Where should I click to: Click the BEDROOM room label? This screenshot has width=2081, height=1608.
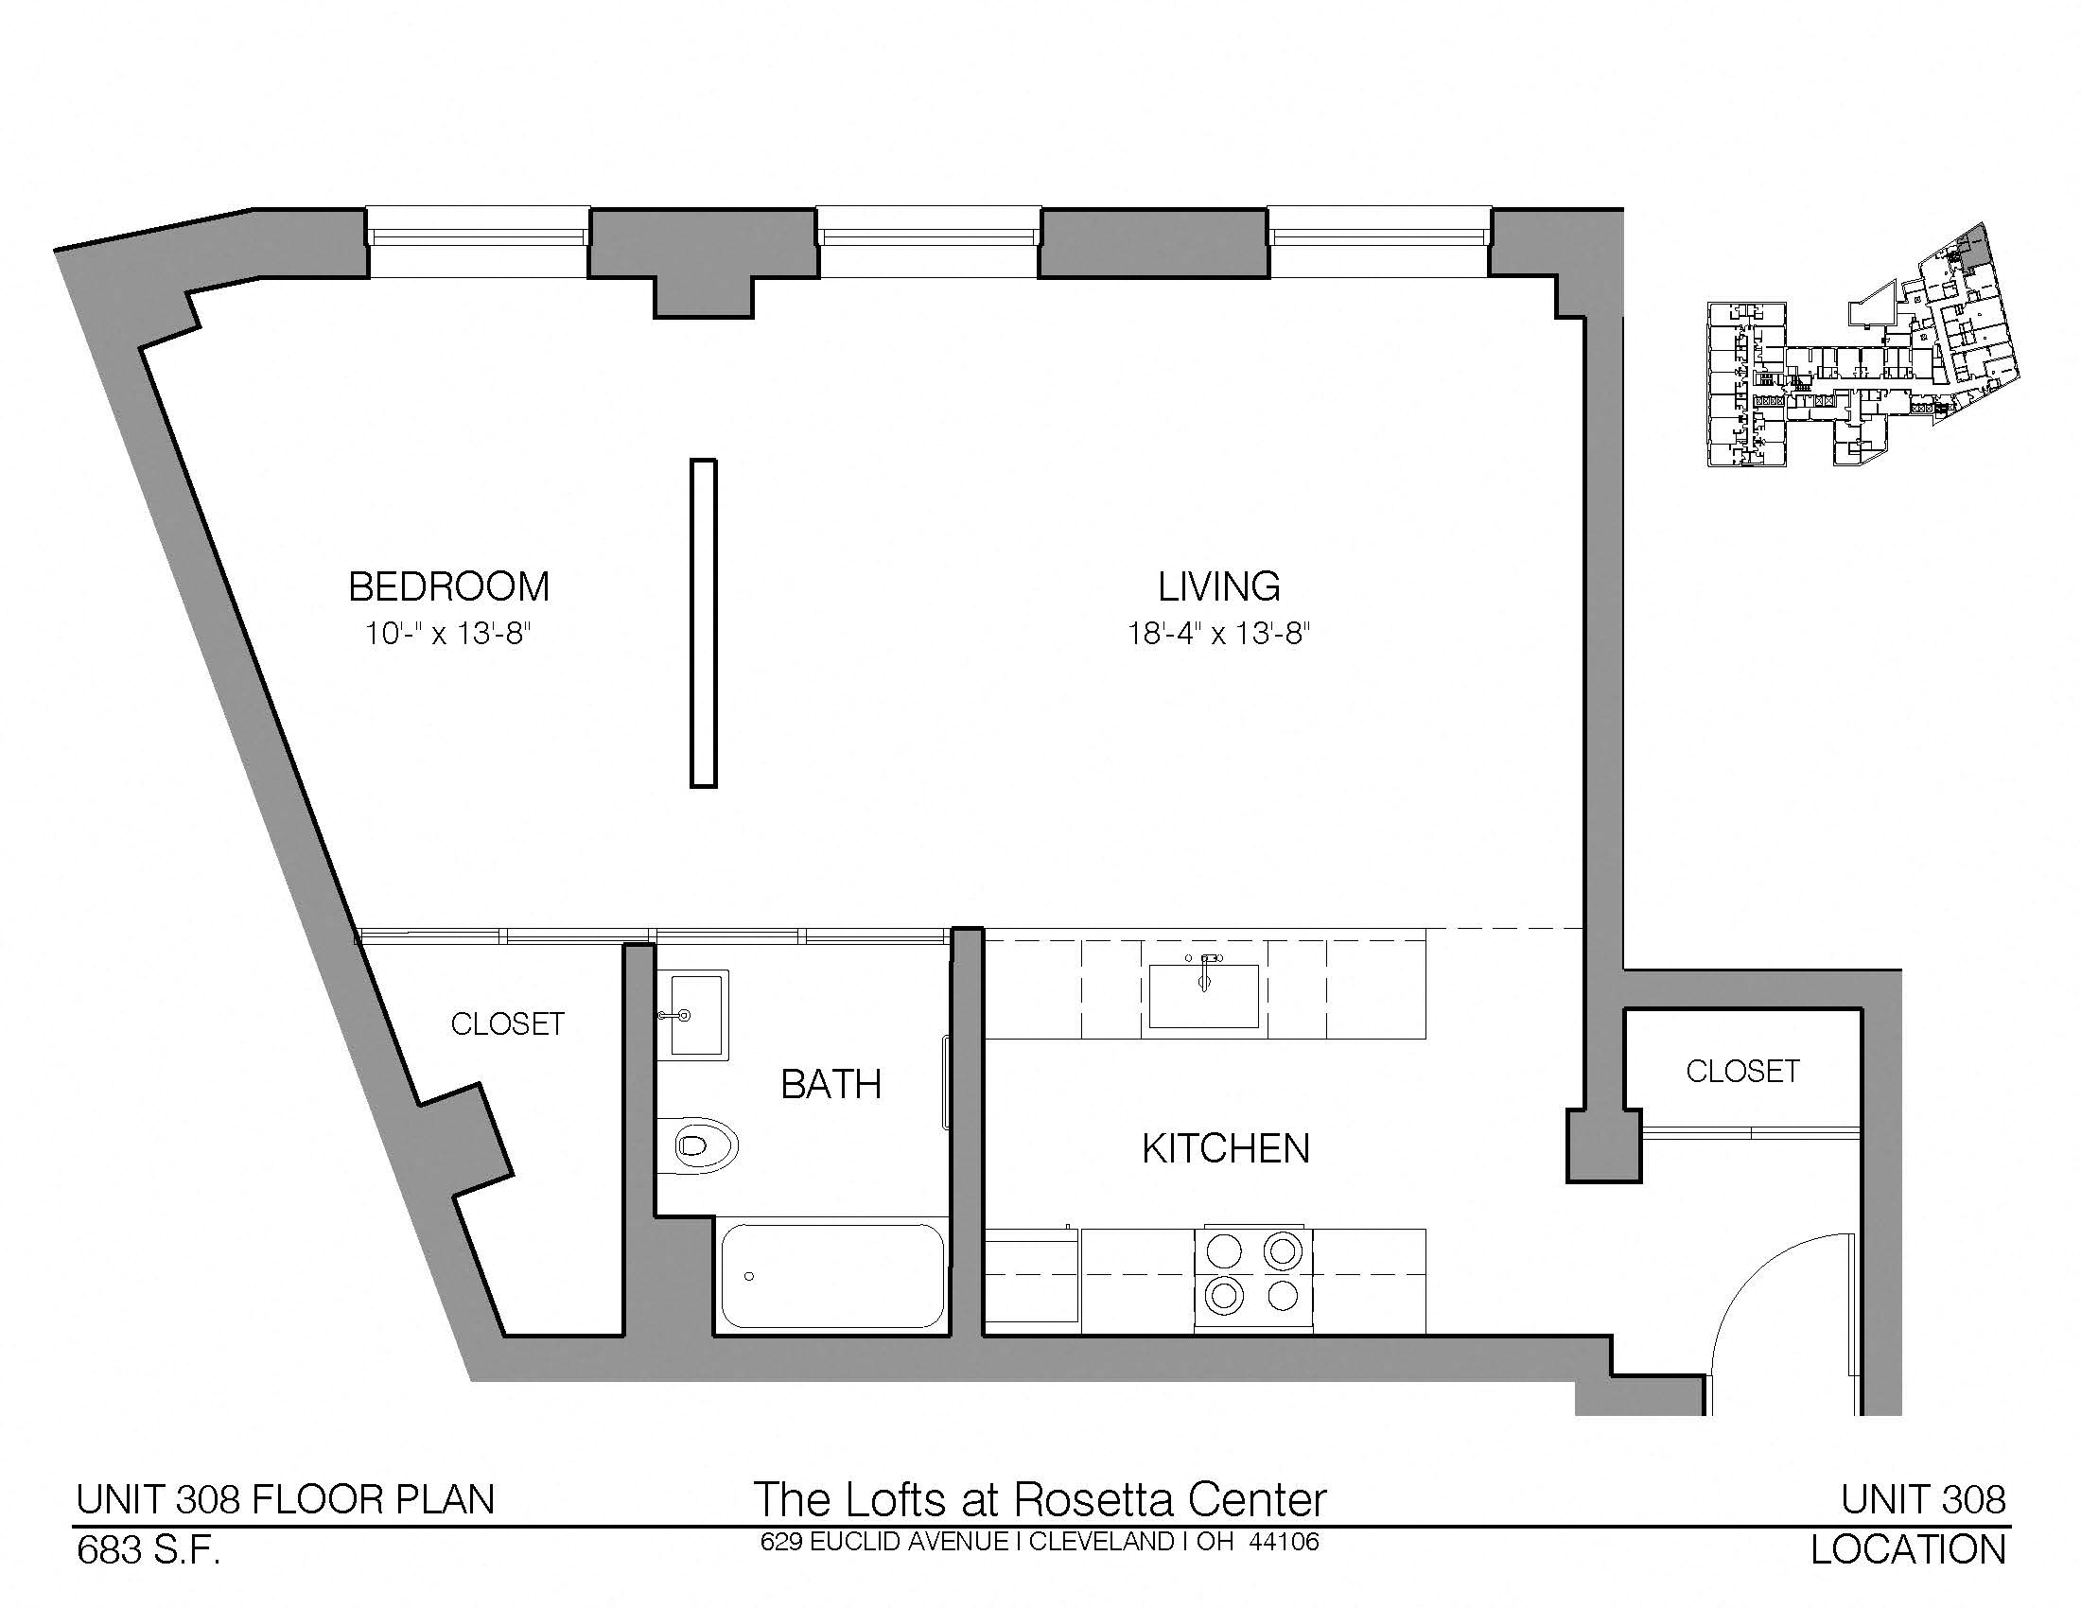click(x=448, y=586)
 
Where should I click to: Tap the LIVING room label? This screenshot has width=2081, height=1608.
click(x=1218, y=586)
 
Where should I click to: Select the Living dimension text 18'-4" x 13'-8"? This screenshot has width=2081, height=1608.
click(x=1218, y=633)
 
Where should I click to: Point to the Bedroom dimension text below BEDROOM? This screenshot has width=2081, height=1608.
click(x=446, y=633)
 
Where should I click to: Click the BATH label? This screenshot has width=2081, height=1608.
click(x=831, y=1084)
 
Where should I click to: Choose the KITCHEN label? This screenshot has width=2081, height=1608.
click(x=1225, y=1149)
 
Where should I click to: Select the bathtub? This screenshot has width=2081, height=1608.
click(x=831, y=1276)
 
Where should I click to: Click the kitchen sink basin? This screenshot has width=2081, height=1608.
click(x=1203, y=994)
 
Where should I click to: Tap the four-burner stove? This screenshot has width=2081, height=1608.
click(x=1253, y=1281)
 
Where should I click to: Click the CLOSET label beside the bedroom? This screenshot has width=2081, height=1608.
click(x=508, y=1024)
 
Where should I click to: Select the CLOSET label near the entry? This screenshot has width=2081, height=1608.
click(x=1742, y=1072)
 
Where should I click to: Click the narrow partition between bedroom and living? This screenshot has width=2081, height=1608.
click(x=703, y=624)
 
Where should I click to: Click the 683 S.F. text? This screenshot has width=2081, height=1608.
click(x=149, y=1551)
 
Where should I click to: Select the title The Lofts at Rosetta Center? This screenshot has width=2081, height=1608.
click(x=1040, y=1499)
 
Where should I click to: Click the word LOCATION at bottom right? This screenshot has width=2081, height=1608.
click(x=1909, y=1550)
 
